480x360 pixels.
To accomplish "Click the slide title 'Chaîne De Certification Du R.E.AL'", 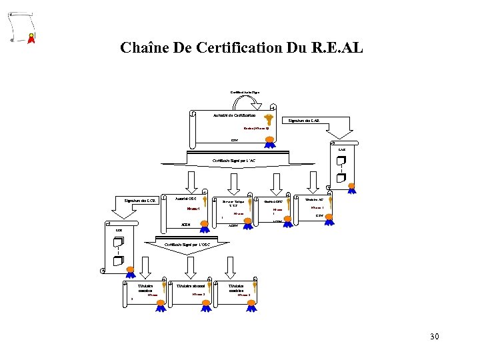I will click(x=241, y=48).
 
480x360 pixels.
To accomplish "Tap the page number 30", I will click(x=434, y=337).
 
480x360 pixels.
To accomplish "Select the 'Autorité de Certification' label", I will click(x=230, y=116).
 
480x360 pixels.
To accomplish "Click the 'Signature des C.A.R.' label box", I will click(x=304, y=121).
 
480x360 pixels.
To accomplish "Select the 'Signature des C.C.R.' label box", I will click(x=140, y=200).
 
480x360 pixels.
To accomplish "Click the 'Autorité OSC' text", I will click(x=185, y=199).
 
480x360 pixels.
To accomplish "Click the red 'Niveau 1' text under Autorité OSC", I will click(x=193, y=208).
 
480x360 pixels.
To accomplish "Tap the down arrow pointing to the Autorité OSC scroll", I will click(x=191, y=180).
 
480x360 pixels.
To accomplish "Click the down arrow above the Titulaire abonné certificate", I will click(x=191, y=266).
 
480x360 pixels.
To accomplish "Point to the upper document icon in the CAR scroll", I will click(x=341, y=162).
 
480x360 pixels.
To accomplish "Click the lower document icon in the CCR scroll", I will click(x=117, y=261).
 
